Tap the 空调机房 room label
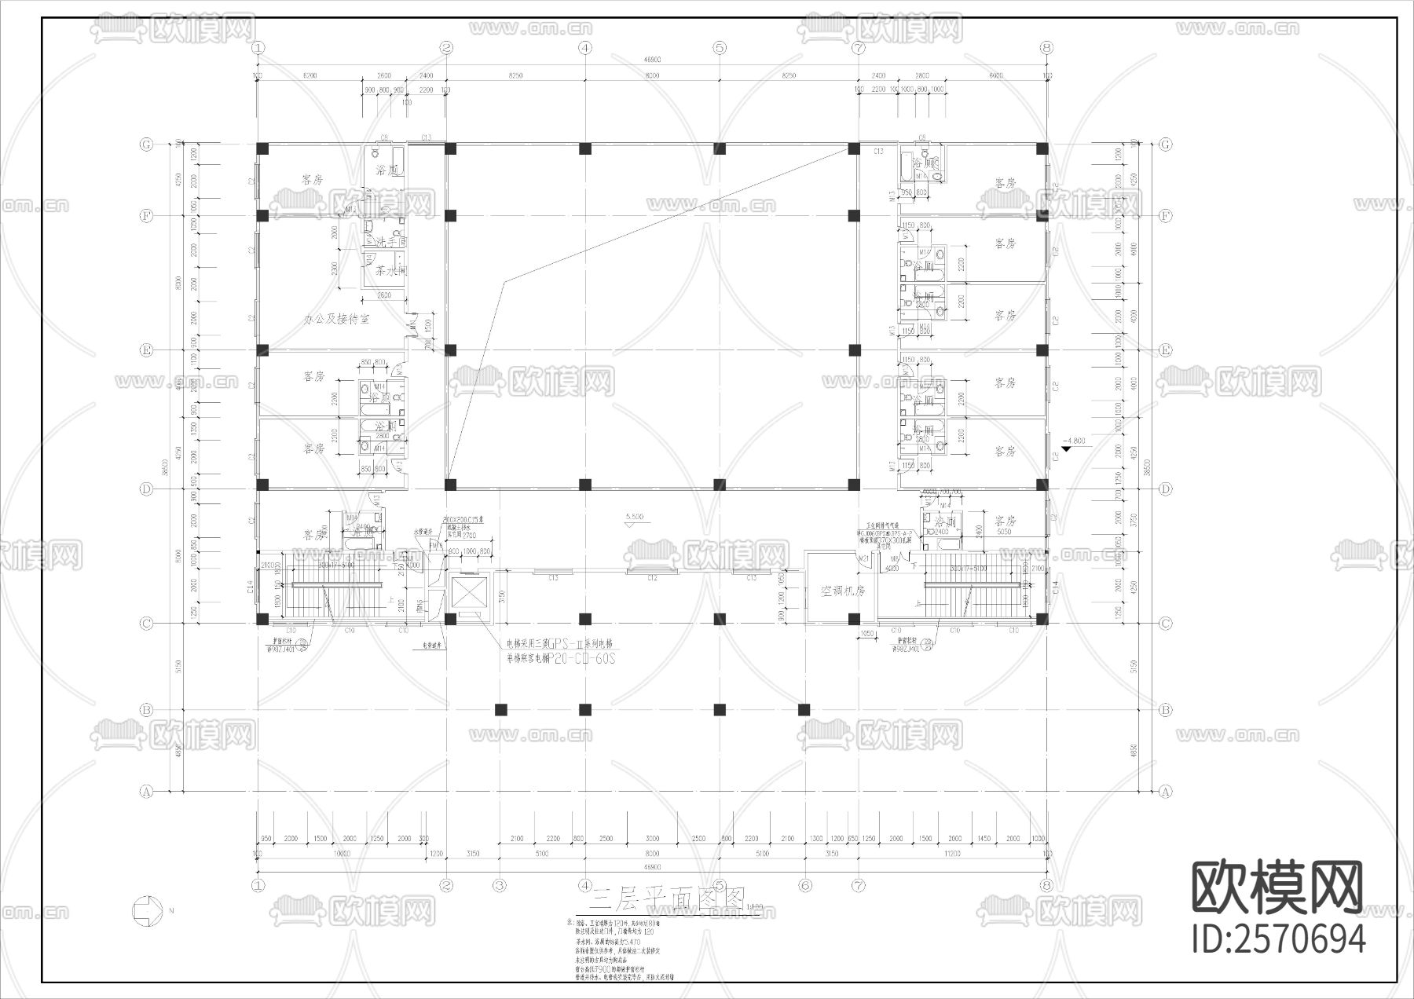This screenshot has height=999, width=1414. [842, 591]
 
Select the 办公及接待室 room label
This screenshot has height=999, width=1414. [336, 320]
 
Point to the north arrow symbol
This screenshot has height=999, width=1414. [147, 910]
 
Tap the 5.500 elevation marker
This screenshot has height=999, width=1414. [635, 517]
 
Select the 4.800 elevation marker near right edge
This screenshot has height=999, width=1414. [1071, 442]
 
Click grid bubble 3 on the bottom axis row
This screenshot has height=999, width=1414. [500, 885]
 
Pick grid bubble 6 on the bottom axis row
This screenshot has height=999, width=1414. [804, 885]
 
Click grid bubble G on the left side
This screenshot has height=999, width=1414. [146, 145]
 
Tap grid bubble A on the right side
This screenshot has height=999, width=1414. [1165, 792]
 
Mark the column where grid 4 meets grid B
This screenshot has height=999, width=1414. [584, 710]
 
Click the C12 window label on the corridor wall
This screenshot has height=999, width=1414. [652, 578]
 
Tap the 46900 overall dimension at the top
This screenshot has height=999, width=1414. [651, 60]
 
